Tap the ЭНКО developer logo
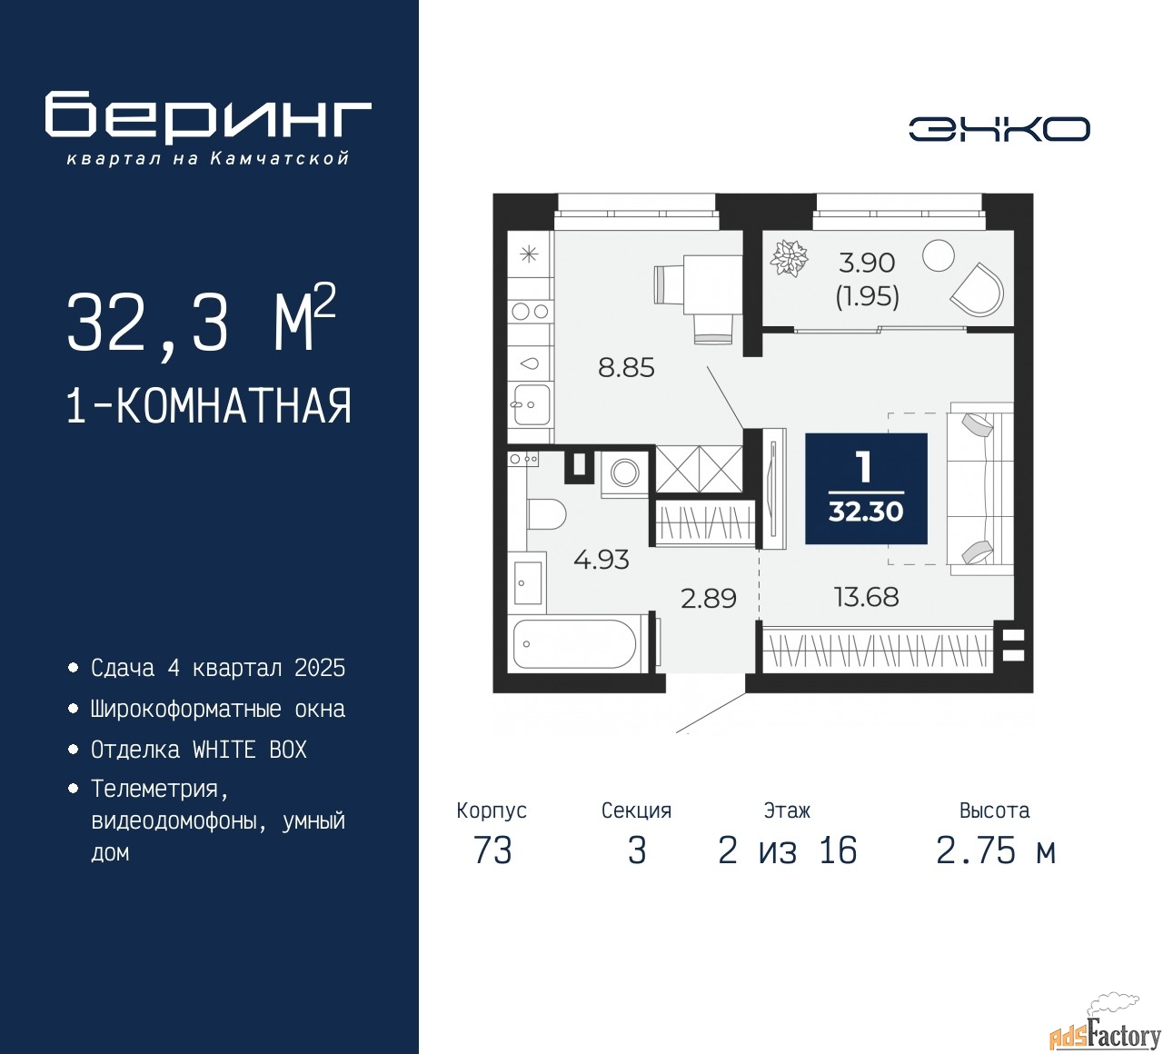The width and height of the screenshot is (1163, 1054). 999,129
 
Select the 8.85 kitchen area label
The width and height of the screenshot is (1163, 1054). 626,368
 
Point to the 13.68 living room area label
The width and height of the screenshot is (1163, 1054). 866,597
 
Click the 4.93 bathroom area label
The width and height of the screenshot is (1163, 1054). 601,560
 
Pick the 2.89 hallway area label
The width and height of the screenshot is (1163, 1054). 709,598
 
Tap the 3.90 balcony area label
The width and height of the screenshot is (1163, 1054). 867,263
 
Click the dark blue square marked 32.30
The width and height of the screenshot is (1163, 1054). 866,489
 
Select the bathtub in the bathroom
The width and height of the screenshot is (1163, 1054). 575,643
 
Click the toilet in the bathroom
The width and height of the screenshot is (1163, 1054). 547,514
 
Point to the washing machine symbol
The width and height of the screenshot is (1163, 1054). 625,472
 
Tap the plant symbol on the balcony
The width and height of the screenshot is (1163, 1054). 789,258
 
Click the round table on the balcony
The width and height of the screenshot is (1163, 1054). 938,255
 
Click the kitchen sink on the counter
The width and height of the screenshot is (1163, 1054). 531,404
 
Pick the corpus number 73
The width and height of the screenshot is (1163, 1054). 492,851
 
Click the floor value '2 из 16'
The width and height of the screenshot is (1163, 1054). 787,851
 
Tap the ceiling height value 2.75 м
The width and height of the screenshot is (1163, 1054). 996,851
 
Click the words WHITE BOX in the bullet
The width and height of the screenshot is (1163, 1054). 249,750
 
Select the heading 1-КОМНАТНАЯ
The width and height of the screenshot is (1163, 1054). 209,406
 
